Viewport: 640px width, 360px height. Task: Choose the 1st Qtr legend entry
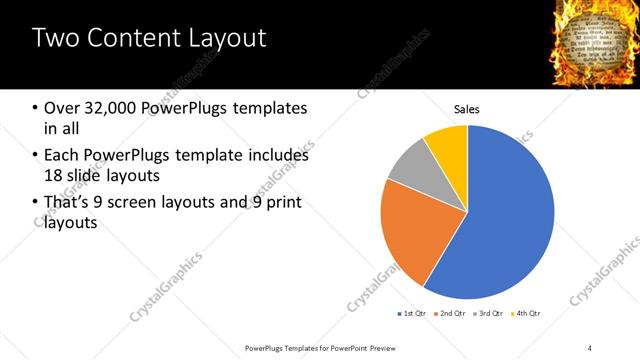pyautogui.click(x=414, y=314)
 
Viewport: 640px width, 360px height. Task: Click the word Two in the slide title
pyautogui.click(x=58, y=39)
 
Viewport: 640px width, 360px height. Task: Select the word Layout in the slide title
pyautogui.click(x=228, y=39)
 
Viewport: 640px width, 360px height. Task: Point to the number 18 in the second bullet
pyautogui.click(x=52, y=175)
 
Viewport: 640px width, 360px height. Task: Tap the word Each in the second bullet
pyautogui.click(x=61, y=156)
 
